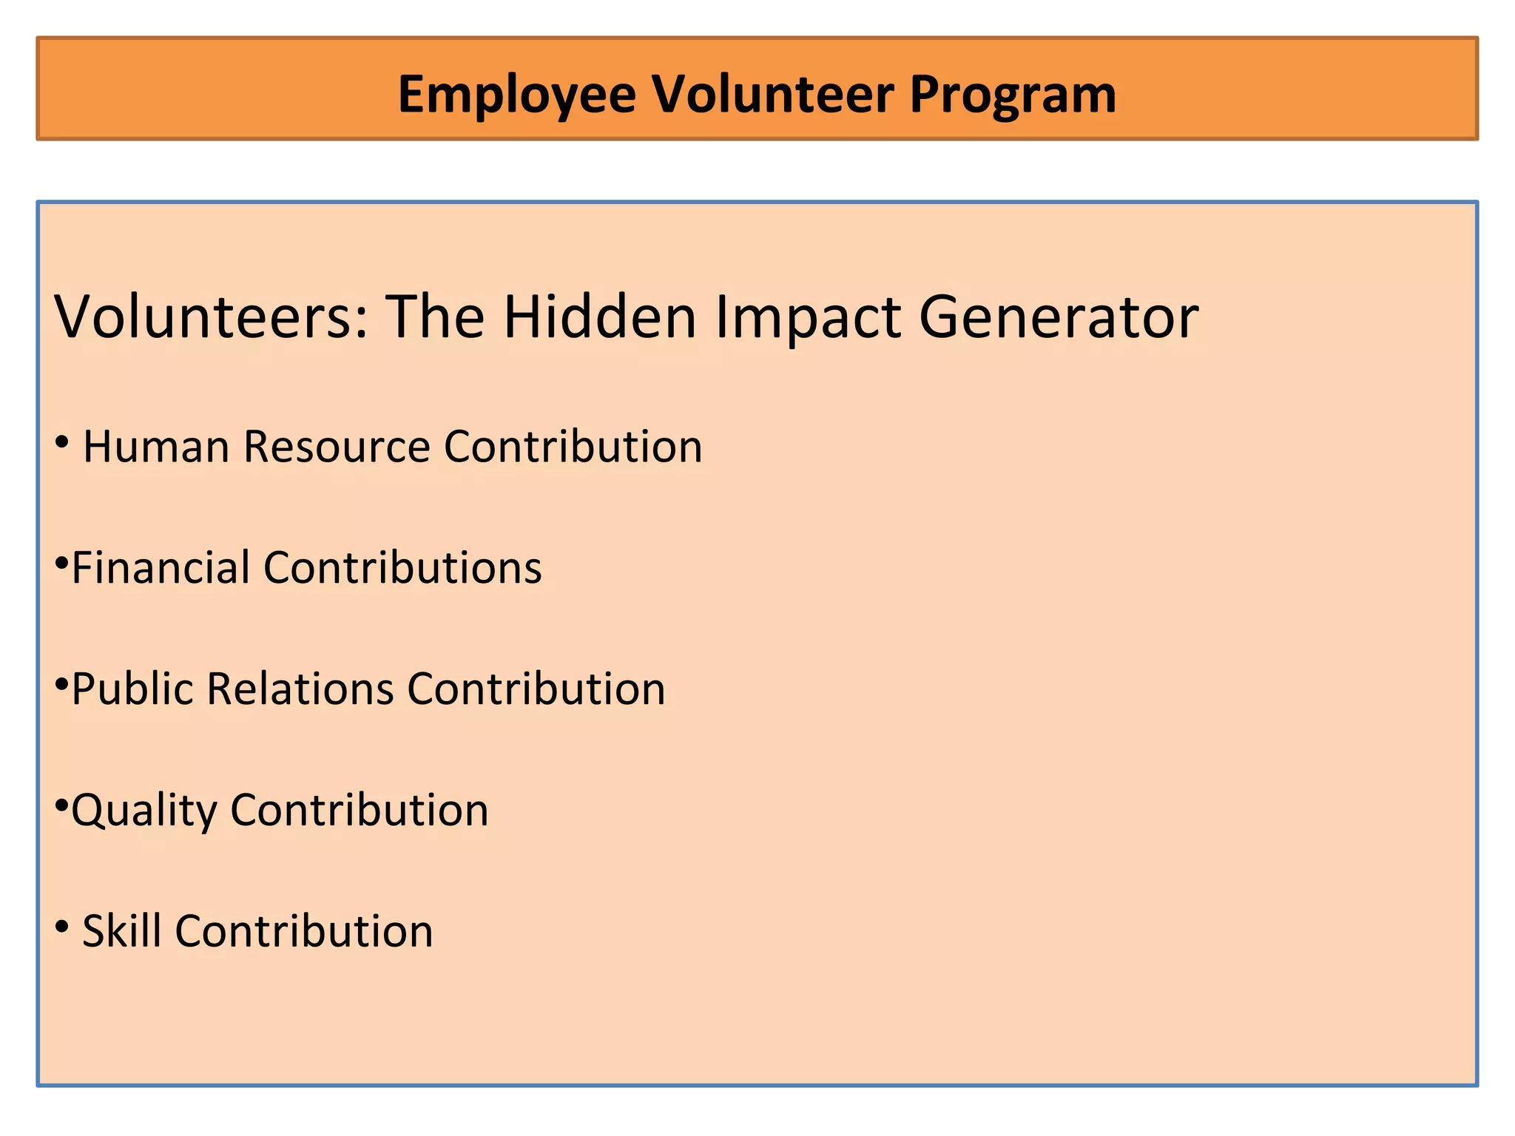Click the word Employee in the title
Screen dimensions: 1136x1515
point(516,95)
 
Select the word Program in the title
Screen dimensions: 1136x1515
point(1013,95)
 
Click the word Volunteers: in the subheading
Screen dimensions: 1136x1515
point(212,317)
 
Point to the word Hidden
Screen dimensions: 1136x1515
point(600,317)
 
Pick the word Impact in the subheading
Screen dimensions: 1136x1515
point(808,317)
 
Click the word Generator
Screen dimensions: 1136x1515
point(1059,317)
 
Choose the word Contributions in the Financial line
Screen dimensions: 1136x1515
point(402,568)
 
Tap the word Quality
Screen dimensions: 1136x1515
point(144,811)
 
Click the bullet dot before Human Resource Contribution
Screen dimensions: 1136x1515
point(63,443)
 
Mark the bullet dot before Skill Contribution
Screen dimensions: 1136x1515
point(63,926)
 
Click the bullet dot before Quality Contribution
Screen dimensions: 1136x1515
point(62,805)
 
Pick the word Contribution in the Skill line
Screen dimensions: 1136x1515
point(304,931)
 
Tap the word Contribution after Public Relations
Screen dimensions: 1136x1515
point(536,689)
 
